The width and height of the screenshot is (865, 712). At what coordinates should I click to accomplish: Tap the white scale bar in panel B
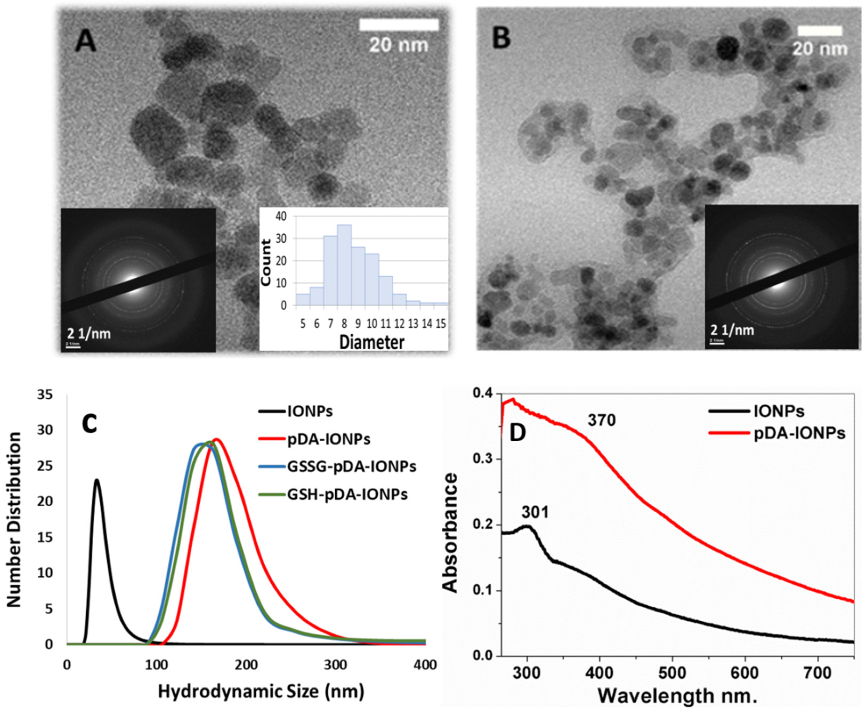819,31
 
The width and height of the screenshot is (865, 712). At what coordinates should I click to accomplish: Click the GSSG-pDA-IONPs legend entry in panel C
352,466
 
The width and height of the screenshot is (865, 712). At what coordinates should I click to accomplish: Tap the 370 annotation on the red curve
601,420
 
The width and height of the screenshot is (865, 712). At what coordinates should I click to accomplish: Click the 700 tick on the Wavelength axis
818,672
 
